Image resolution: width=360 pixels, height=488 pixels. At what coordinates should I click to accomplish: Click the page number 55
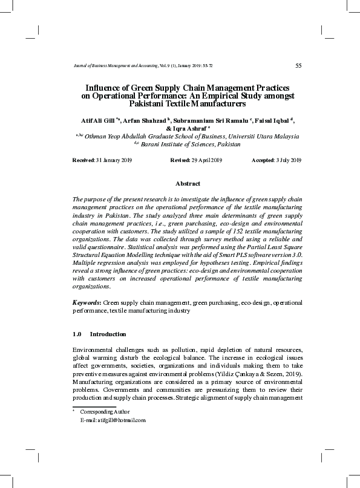[x=298, y=65]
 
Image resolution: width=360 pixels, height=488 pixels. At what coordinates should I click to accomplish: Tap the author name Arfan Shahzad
[x=144, y=120]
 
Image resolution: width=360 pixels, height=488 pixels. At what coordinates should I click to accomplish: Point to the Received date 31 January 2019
[x=111, y=160]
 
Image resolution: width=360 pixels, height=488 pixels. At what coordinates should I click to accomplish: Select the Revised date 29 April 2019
[x=208, y=160]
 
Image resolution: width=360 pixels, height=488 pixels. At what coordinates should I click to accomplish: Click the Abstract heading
[x=187, y=183]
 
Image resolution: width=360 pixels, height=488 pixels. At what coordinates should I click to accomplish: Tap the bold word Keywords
[x=86, y=302]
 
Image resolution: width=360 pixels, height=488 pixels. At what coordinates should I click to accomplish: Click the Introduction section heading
[x=108, y=334]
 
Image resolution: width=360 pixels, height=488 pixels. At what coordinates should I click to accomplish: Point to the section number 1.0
[x=77, y=334]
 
